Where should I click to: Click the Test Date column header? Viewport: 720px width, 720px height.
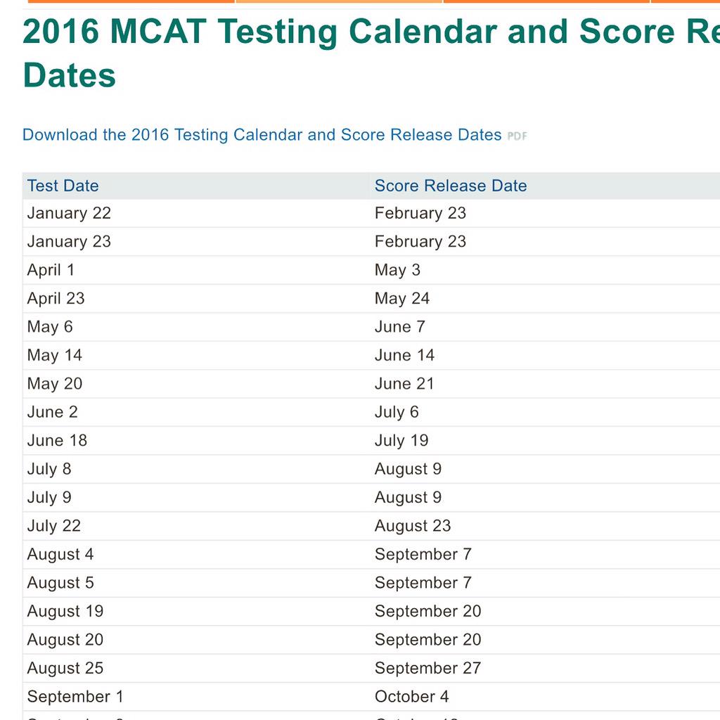[63, 186]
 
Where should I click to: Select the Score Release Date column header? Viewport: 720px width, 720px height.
[450, 186]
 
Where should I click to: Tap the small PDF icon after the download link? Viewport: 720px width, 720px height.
[517, 136]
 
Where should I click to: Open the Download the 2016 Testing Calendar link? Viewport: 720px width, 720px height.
[262, 135]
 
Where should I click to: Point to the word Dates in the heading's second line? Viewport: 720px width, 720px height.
[69, 75]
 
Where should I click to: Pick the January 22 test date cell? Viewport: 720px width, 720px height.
[69, 213]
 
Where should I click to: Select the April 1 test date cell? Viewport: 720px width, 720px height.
[51, 270]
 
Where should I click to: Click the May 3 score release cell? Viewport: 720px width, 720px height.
[397, 270]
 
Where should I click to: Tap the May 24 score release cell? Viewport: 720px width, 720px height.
[401, 299]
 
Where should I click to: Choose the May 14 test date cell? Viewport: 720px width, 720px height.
[54, 356]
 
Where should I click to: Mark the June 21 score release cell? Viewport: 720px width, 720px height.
[404, 384]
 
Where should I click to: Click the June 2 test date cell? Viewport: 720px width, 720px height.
[52, 412]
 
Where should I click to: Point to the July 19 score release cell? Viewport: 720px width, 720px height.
[401, 441]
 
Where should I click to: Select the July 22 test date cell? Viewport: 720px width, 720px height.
[53, 526]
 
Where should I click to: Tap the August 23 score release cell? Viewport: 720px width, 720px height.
[412, 526]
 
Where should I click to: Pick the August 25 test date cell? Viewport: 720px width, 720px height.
[65, 668]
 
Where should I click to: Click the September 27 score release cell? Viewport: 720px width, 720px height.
[427, 668]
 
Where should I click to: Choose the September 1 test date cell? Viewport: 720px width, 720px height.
[75, 697]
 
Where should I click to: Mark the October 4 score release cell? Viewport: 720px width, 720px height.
[411, 697]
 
